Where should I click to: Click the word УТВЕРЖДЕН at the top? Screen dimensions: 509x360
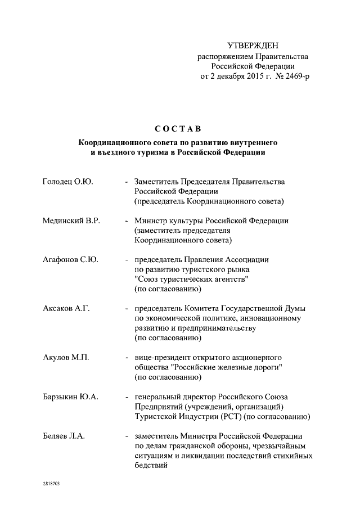tap(253, 45)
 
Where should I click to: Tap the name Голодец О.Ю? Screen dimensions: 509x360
tap(67, 182)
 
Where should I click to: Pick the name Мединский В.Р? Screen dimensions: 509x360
tap(71, 221)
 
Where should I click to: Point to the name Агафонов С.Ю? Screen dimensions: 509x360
tap(70, 260)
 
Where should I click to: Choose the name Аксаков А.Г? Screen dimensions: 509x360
tap(66, 309)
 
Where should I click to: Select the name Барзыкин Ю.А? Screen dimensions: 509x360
tap(70, 397)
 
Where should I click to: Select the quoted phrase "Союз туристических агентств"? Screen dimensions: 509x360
tap(191, 280)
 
